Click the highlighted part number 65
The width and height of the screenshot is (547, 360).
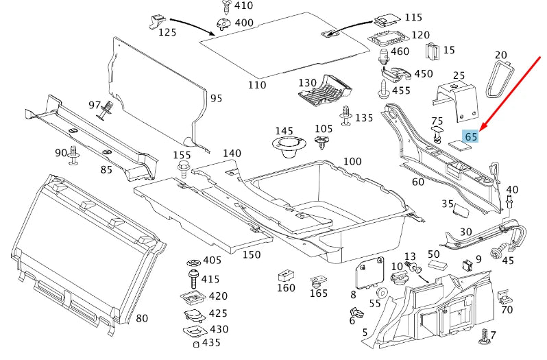pos(470,136)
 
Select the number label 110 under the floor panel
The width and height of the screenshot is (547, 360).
pos(256,85)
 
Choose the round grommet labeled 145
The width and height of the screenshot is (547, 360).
pos(284,146)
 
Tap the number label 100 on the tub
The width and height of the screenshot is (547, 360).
pos(352,161)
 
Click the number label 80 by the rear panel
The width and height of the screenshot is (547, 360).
pos(142,318)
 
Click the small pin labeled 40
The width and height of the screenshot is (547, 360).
pos(510,202)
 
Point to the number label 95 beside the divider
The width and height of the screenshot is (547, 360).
pos(216,99)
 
